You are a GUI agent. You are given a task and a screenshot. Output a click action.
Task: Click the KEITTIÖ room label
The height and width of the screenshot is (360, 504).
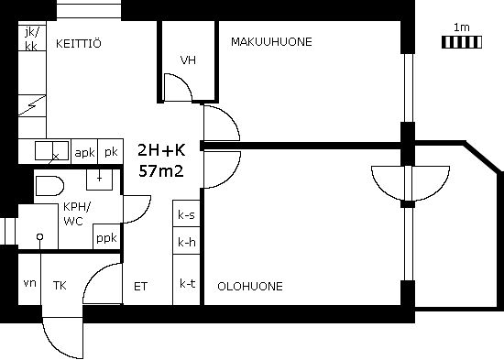(x=79, y=43)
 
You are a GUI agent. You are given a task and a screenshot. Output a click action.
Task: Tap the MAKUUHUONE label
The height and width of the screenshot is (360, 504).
(x=271, y=42)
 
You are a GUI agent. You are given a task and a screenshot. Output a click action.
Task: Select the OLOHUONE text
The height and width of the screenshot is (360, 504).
(x=250, y=287)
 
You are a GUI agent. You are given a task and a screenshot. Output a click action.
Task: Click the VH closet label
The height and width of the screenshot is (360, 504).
(x=188, y=60)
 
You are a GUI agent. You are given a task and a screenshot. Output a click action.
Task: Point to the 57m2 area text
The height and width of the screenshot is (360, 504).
(x=161, y=171)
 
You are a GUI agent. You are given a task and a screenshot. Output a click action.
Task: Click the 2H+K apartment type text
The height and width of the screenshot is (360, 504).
(x=161, y=150)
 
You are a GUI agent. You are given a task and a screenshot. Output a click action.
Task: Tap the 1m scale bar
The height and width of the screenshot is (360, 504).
(x=462, y=42)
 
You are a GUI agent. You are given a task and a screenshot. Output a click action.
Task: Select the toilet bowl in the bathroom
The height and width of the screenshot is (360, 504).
(x=49, y=185)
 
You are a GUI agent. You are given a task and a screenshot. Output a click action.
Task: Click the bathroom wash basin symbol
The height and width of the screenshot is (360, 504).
(x=99, y=180)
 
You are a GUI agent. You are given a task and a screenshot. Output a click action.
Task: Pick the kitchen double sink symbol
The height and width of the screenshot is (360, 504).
(x=51, y=150)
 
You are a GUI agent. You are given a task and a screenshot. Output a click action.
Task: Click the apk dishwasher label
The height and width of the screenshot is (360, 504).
(x=84, y=152)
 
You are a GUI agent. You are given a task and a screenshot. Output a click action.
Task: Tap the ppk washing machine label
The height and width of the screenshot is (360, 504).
(x=106, y=238)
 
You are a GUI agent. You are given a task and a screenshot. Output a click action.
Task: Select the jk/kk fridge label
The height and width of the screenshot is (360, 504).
(x=31, y=38)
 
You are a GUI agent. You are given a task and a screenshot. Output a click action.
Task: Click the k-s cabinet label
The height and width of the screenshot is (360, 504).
(x=186, y=214)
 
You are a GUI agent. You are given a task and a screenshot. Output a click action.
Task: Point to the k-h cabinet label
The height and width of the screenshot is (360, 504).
(x=187, y=242)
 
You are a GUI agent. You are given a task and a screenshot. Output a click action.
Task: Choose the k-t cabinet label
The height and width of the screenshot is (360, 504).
(x=187, y=283)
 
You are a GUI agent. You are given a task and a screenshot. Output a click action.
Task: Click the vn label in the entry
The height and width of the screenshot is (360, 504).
(x=30, y=283)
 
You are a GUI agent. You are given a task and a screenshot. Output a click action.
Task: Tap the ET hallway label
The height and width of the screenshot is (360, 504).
(x=140, y=287)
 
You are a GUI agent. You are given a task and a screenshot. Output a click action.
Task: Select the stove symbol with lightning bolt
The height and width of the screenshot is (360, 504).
(x=32, y=105)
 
